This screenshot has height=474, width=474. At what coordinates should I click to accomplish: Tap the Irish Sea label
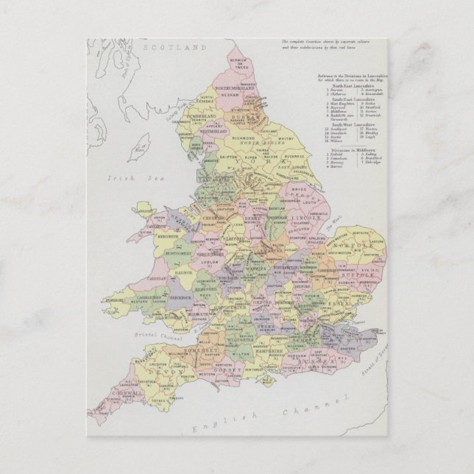129,178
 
